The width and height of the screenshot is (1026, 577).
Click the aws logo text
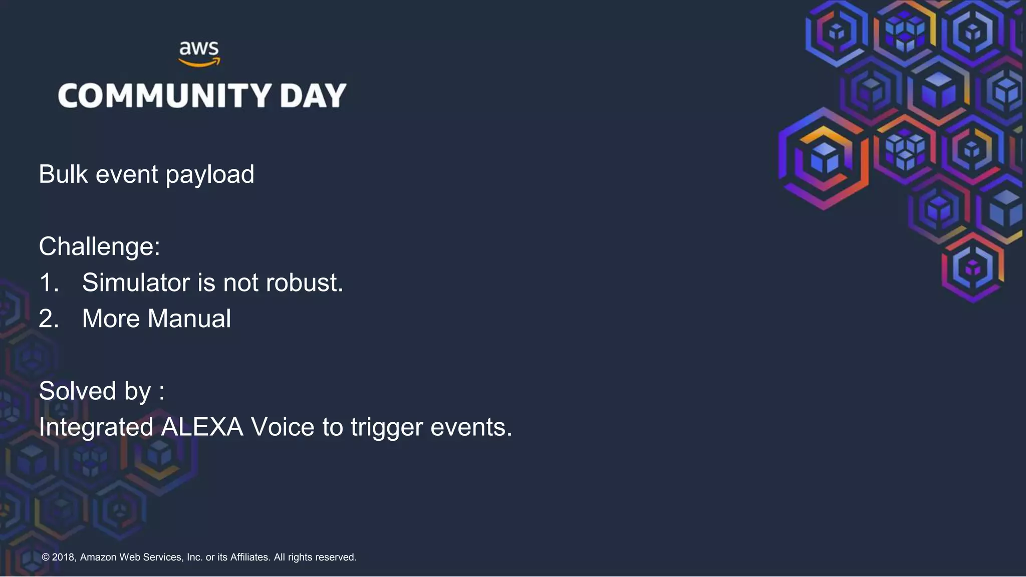[199, 49]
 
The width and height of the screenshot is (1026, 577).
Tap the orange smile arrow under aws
[199, 63]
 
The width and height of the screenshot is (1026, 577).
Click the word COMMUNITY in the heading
[165, 96]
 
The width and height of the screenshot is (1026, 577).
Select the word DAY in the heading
[313, 96]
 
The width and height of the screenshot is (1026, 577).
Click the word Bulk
[63, 174]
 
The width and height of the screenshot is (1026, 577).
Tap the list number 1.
[49, 282]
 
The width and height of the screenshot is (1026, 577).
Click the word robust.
[305, 282]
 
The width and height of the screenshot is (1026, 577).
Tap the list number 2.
[49, 319]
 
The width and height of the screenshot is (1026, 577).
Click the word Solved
[77, 391]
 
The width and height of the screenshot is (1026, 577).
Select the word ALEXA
[202, 427]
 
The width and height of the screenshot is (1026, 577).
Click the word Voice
[283, 427]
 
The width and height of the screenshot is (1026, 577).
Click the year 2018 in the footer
[64, 557]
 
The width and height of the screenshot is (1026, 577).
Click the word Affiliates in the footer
[249, 557]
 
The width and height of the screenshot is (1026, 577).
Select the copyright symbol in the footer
[46, 557]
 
